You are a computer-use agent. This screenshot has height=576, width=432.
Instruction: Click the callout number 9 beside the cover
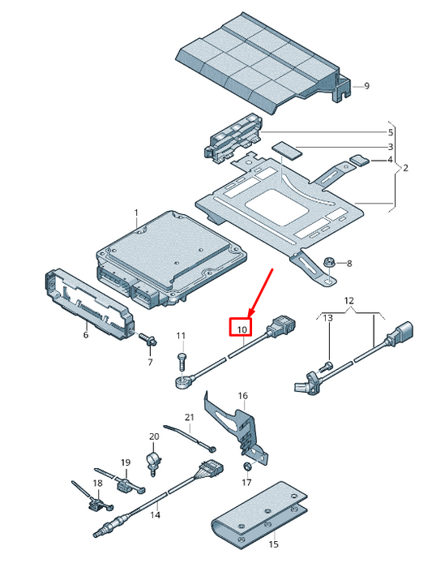pos(366,86)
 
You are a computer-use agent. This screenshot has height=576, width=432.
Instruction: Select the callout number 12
pos(349,301)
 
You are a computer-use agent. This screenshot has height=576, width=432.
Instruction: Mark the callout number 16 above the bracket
pos(242,395)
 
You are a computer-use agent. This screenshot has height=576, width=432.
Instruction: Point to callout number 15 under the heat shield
pos(273,544)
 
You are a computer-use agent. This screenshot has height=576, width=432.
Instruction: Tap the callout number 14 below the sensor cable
pos(155,514)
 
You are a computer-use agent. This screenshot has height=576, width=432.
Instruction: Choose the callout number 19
pos(126,462)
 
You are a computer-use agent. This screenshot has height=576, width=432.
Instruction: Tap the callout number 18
pos(97,484)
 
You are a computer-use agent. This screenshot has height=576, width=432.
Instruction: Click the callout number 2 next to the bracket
pos(404,168)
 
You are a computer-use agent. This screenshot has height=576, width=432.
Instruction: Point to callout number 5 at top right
pos(390,132)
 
